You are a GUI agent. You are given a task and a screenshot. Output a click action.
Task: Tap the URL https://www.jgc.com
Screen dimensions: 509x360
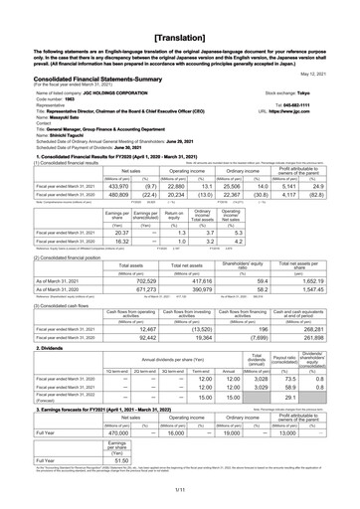[x=319, y=103]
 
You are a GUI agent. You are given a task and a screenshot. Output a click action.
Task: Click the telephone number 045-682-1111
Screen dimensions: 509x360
[x=318, y=96]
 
